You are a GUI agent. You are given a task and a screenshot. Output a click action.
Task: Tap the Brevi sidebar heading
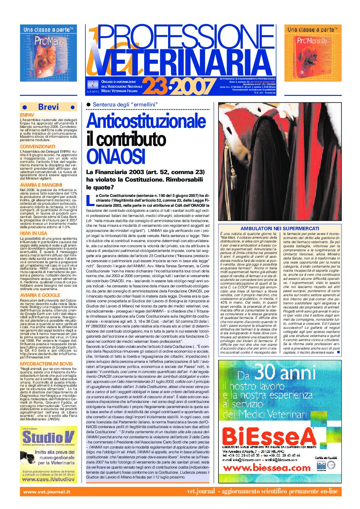pyautogui.click(x=48, y=107)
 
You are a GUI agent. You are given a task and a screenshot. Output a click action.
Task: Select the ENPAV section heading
pyautogui.click(x=27, y=115)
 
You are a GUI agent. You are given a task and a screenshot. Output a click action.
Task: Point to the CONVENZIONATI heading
pyautogui.click(x=37, y=147)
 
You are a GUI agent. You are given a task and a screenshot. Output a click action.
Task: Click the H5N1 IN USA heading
pyautogui.click(x=33, y=233)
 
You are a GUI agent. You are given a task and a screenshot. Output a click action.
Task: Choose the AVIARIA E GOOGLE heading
pyautogui.click(x=40, y=295)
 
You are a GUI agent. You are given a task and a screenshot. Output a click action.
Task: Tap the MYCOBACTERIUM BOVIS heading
pyautogui.click(x=46, y=364)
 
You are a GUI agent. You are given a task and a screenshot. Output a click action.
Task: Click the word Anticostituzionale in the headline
pyautogui.click(x=146, y=121)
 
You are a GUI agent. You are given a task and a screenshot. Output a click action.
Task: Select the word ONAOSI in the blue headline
pyautogui.click(x=116, y=156)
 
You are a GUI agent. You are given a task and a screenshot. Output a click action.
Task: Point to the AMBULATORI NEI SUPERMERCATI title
pyautogui.click(x=280, y=228)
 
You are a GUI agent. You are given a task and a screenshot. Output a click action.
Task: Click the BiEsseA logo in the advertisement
pyautogui.click(x=269, y=436)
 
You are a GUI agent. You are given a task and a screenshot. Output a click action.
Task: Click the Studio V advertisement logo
pyautogui.click(x=48, y=437)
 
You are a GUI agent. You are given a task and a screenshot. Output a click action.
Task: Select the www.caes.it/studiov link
pyautogui.click(x=48, y=479)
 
